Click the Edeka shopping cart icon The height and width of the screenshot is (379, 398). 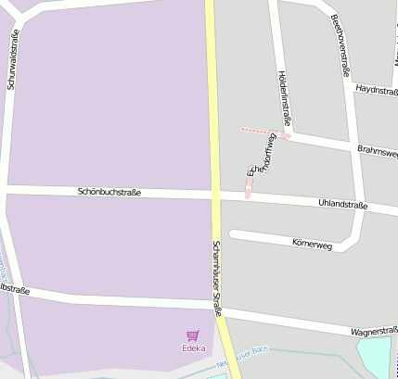pyautogui.click(x=193, y=335)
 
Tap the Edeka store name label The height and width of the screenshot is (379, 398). pyautogui.click(x=193, y=348)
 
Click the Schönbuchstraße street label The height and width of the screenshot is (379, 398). pyautogui.click(x=109, y=192)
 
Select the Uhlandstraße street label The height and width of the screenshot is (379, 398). pyautogui.click(x=343, y=204)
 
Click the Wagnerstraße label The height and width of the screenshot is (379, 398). pyautogui.click(x=374, y=330)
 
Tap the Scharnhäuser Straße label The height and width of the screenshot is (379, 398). pyautogui.click(x=217, y=278)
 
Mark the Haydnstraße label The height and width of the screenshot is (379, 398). pyautogui.click(x=376, y=89)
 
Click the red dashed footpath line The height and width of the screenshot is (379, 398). pyautogui.click(x=260, y=131)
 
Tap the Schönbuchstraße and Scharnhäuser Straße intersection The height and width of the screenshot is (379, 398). pyautogui.click(x=214, y=195)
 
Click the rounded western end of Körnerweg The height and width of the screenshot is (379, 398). pyautogui.click(x=235, y=234)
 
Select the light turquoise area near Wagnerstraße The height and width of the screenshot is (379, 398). pyautogui.click(x=375, y=357)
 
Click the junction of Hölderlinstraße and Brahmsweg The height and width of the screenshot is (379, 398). pyautogui.click(x=288, y=135)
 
